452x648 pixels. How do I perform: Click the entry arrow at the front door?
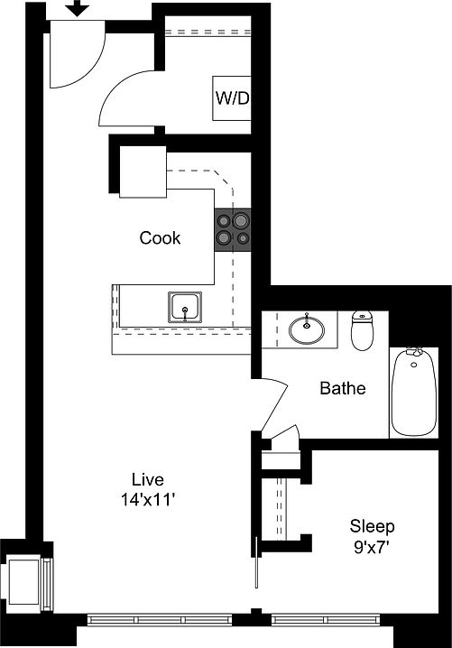click(78, 9)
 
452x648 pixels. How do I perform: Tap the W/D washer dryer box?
click(230, 97)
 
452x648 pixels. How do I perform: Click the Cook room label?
click(160, 238)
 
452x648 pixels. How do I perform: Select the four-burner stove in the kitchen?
click(232, 229)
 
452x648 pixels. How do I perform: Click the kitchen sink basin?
click(186, 308)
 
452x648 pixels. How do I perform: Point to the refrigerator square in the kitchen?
click(143, 171)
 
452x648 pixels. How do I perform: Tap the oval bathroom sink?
click(309, 329)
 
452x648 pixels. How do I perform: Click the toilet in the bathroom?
click(363, 330)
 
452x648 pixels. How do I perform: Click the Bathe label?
click(343, 389)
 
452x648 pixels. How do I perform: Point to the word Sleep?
click(372, 525)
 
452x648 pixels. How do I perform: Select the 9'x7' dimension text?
click(372, 545)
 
